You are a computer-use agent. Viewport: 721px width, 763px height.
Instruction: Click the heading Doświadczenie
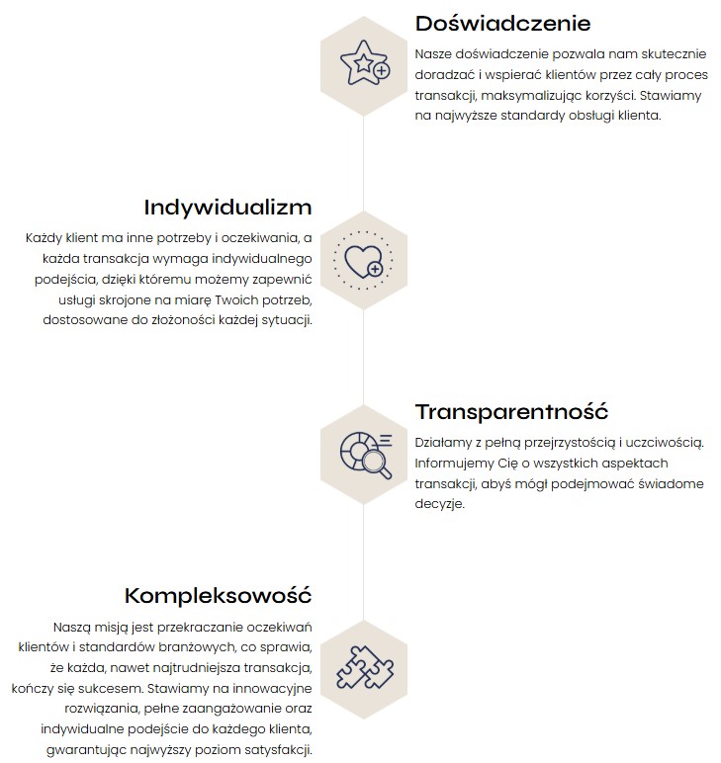502,23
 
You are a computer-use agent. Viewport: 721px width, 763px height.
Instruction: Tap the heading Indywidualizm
227,208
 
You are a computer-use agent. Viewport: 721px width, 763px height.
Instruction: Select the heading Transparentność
511,411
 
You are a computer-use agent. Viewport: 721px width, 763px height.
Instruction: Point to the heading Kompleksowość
218,595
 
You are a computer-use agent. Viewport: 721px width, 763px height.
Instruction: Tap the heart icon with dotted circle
363,260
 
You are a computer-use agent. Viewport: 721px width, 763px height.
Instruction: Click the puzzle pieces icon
363,667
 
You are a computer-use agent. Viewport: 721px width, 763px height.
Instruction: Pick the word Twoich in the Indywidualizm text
204,299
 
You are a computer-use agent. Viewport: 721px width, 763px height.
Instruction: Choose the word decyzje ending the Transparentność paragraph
439,503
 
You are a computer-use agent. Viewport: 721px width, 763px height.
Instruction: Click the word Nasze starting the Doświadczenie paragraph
435,54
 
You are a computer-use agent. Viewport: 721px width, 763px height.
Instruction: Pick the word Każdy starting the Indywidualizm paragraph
45,238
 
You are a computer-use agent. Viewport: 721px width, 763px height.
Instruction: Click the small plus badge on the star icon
382,71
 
